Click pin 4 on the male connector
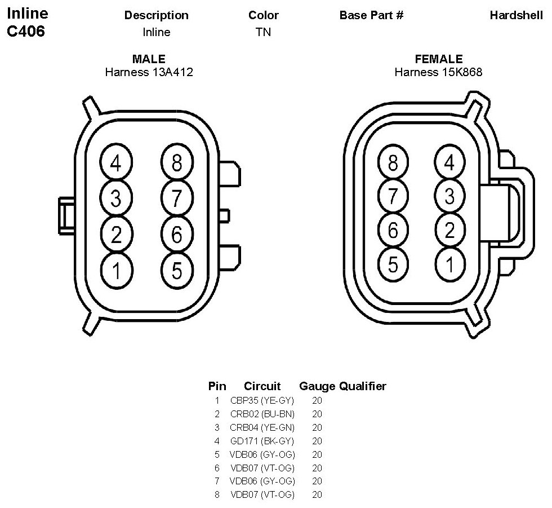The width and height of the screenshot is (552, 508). (x=115, y=164)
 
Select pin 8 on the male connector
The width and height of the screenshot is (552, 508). (x=177, y=164)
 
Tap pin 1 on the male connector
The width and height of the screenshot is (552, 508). (x=115, y=271)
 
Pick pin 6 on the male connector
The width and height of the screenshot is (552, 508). (x=177, y=235)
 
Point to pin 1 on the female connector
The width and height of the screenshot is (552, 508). (x=449, y=263)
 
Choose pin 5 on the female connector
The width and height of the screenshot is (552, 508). (x=393, y=263)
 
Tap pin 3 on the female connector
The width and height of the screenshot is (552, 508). (x=449, y=196)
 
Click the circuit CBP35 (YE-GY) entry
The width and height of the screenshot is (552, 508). (x=262, y=400)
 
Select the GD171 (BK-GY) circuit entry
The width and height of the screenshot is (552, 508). (x=262, y=441)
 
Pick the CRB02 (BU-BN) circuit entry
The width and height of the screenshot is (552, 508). (x=262, y=414)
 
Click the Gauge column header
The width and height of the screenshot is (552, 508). (x=317, y=386)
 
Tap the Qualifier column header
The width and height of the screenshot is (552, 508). (x=363, y=386)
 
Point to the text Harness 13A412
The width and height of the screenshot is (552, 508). (x=149, y=72)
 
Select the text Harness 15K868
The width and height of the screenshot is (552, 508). (x=438, y=72)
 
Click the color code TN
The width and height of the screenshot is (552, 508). (x=263, y=32)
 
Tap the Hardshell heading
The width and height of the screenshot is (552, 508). (x=516, y=15)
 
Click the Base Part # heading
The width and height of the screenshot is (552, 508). (x=371, y=15)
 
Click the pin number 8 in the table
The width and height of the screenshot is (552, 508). (x=217, y=495)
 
